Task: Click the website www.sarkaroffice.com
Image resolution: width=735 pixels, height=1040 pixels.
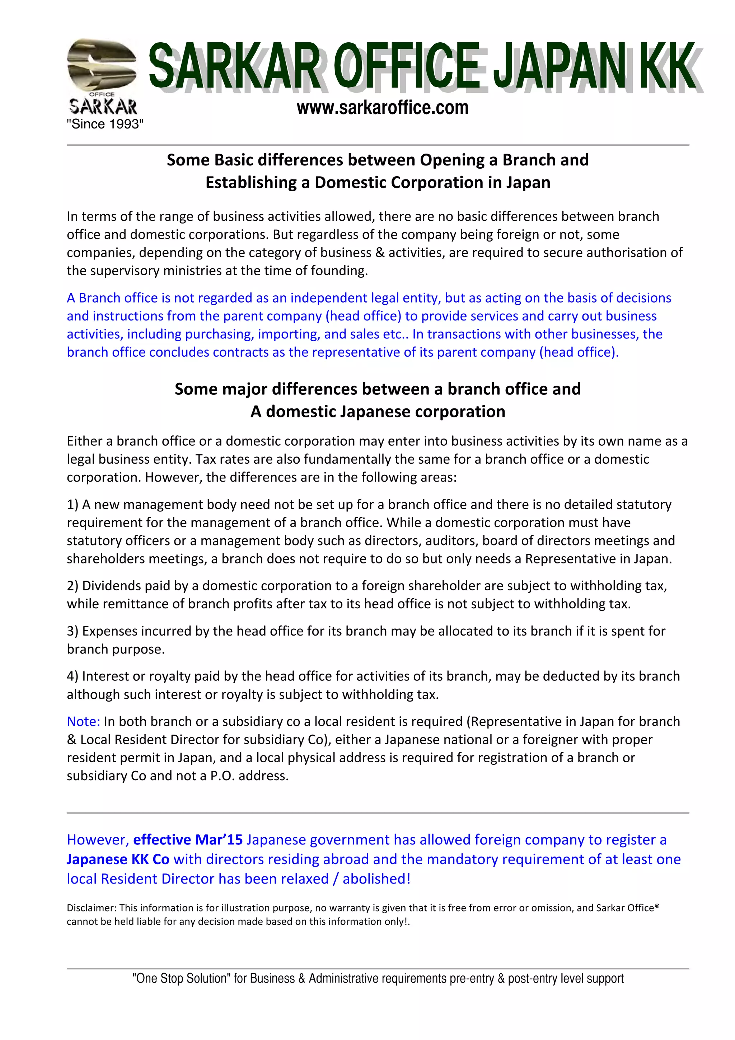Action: (x=382, y=108)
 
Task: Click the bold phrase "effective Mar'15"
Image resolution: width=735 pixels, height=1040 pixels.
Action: (x=188, y=839)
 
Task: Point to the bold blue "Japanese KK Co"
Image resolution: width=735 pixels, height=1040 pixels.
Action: (x=118, y=859)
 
